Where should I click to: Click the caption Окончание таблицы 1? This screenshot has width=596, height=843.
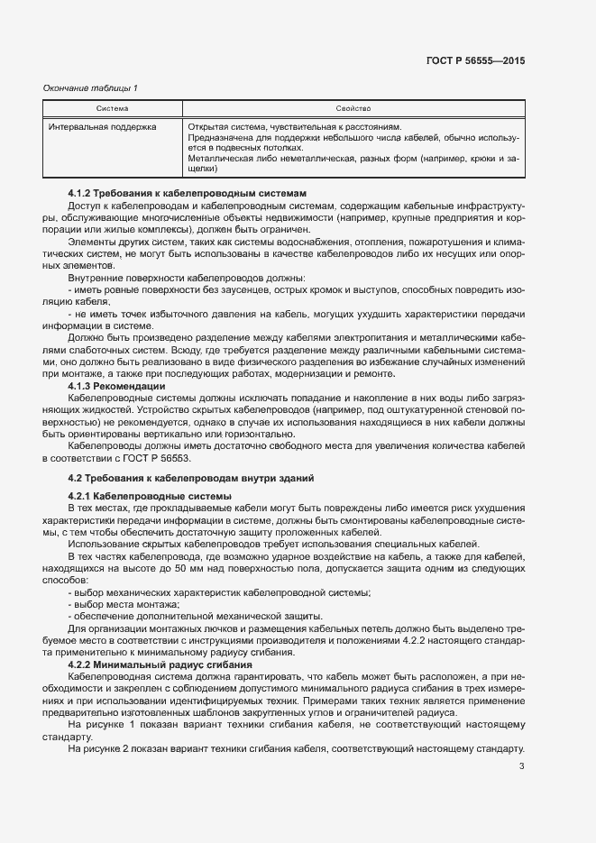click(90, 87)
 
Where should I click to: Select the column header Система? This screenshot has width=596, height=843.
click(112, 108)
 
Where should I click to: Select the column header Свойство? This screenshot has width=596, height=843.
click(353, 108)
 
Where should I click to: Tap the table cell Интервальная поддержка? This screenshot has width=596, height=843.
click(102, 127)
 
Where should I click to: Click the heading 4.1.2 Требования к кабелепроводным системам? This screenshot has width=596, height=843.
click(188, 193)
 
